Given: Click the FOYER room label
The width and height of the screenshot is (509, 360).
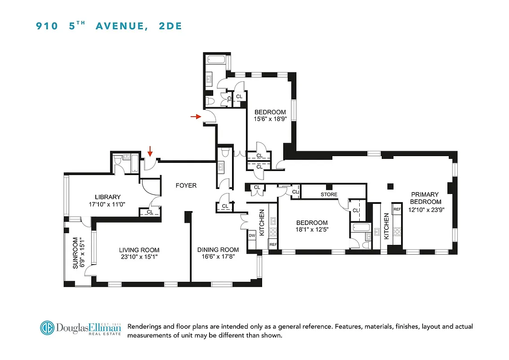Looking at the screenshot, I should coord(186,185).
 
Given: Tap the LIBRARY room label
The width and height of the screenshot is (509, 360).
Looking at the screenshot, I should coord(107,197).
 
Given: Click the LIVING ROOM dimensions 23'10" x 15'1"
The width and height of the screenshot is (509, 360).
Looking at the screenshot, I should coord(139,257).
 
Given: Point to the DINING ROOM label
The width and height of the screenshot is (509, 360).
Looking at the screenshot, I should coord(218,250).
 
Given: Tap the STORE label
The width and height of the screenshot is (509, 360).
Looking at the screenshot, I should coord(329,195).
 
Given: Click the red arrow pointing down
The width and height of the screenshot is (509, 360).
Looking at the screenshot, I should coord(150,154).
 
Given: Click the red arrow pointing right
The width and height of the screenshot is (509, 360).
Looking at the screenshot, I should coord(195,117).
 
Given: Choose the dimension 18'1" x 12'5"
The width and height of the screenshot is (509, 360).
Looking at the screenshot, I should coord(312,230).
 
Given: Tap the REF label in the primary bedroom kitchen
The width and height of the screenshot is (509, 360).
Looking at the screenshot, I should coord(397,210).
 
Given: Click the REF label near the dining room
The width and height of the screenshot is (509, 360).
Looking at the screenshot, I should coord(273,244).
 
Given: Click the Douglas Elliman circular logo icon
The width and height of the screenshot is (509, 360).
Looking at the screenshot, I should coord(47,328).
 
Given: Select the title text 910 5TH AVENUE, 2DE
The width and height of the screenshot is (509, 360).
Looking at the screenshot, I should coord(109,26).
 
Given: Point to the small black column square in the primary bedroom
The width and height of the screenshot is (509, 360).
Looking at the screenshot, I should coord(390,186).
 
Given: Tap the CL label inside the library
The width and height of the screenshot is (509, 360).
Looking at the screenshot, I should coord(149,211).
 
